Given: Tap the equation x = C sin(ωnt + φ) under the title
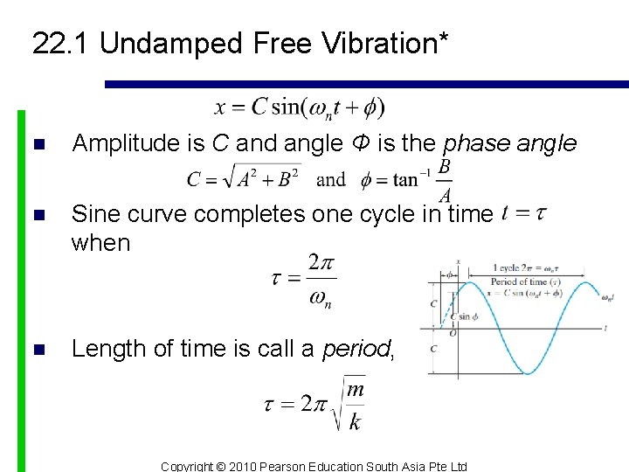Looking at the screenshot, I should pos(299,108).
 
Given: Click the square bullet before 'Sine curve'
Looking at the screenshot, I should pos(37,215).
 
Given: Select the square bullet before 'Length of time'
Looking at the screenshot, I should pos(37,350).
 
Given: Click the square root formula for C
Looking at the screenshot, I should pos(245,179).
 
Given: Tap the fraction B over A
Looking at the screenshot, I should pos(444,179).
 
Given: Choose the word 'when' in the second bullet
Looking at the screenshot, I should pos(100,243).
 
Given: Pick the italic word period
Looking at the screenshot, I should pos(356,349).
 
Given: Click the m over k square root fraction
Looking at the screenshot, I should pos(353,406).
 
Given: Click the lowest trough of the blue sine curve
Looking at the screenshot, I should pos(528,373).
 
